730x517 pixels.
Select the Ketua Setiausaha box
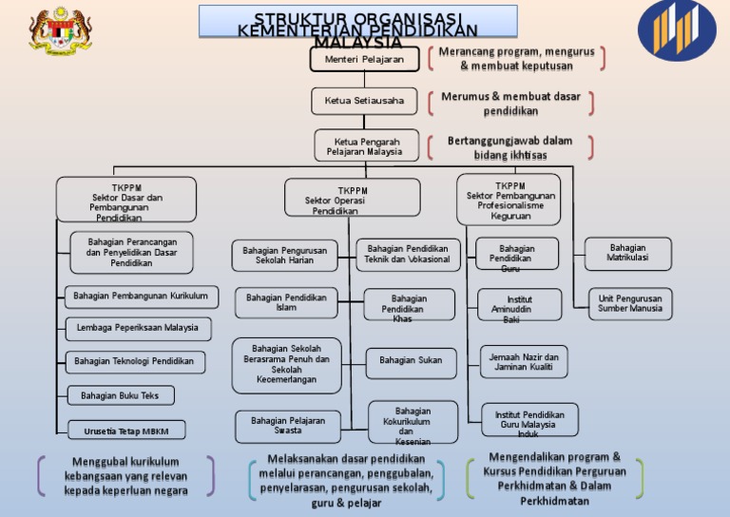pos(364,101)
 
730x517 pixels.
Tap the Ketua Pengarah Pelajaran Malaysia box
pos(366,146)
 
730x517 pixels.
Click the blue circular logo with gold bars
pos(677,29)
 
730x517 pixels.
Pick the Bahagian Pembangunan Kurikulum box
pos(141,297)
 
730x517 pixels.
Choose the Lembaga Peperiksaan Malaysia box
pos(138,328)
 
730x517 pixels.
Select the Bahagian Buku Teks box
pos(120,395)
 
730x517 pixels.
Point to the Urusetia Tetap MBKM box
pos(125,431)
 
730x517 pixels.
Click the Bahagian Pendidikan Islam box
pos(285,303)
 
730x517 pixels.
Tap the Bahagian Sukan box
pos(411,361)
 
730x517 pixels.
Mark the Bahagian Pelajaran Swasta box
pos(288,426)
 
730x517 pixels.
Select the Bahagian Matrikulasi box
pos(627,254)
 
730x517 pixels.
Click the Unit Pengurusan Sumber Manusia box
pos(629,304)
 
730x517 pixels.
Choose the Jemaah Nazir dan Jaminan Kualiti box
pos(524,362)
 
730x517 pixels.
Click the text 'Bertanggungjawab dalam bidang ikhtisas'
pos(509,147)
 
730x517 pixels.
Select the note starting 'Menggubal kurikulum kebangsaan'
pos(125,476)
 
